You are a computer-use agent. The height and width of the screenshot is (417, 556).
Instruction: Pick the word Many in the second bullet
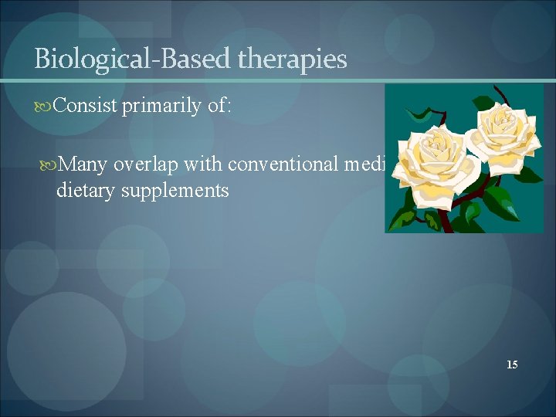point(84,164)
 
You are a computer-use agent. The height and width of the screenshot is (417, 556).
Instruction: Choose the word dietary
point(85,190)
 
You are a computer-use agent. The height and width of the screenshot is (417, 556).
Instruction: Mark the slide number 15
point(512,364)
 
